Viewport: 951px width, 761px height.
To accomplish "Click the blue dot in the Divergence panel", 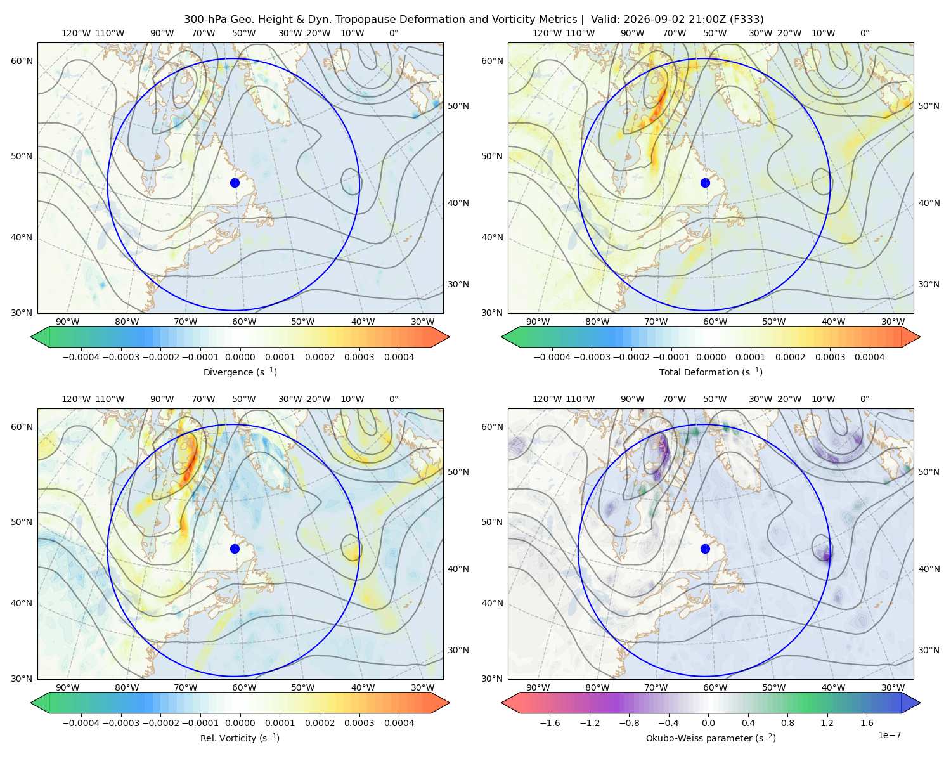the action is pos(235,183).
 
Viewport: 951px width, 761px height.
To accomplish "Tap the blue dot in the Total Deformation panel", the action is pos(705,183).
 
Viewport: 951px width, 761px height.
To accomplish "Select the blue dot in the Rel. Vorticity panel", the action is pos(235,549).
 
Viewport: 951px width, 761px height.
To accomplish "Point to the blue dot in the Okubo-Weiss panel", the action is pos(705,549).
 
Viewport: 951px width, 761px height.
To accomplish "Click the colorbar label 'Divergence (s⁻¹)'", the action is pos(240,372).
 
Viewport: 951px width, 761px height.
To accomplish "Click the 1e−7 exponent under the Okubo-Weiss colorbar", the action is pos(889,735).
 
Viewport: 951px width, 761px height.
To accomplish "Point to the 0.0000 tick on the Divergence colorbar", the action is pos(240,357).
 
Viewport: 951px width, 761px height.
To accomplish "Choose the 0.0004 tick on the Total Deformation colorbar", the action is pos(869,357).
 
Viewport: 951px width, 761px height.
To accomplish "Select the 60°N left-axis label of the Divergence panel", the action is pos(22,61).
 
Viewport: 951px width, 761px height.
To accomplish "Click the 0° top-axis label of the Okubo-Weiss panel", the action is pos(864,399).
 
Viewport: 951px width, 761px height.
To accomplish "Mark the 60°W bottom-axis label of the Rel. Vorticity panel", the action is pos(244,687).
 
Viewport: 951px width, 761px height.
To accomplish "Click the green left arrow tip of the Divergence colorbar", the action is pos(31,337).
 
